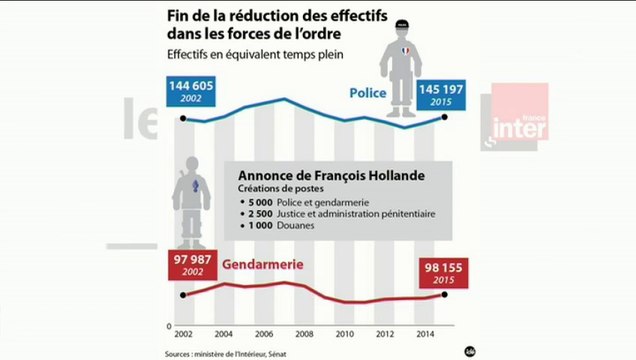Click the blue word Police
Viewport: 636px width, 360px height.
(368, 93)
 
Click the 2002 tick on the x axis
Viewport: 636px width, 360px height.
(182, 333)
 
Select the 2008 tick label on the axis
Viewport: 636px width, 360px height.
(303, 333)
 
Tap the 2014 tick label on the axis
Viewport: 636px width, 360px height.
(424, 333)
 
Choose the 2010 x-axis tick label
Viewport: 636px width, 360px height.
(343, 333)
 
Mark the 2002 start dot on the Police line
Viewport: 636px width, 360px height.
(182, 119)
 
